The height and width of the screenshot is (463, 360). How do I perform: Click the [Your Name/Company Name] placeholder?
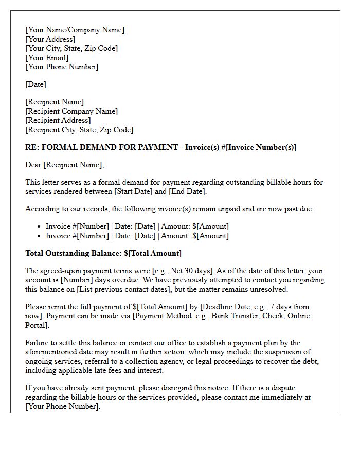click(75, 30)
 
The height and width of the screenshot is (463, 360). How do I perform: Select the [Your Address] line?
click(50, 39)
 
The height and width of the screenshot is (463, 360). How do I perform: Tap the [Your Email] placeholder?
click(47, 58)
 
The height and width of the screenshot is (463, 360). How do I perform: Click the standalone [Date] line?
click(35, 84)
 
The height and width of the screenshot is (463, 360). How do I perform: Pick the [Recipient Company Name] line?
click(71, 111)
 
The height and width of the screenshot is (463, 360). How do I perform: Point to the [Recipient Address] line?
click(58, 120)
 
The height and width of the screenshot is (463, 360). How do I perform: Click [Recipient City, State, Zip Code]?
click(79, 130)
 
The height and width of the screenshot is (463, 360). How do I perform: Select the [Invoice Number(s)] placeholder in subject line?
click(262, 147)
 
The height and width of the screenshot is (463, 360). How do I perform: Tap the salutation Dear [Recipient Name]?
click(64, 165)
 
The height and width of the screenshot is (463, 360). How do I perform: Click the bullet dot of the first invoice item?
click(40, 226)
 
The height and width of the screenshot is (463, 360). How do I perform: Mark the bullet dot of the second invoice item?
click(40, 236)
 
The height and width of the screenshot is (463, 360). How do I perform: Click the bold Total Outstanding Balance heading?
click(103, 253)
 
